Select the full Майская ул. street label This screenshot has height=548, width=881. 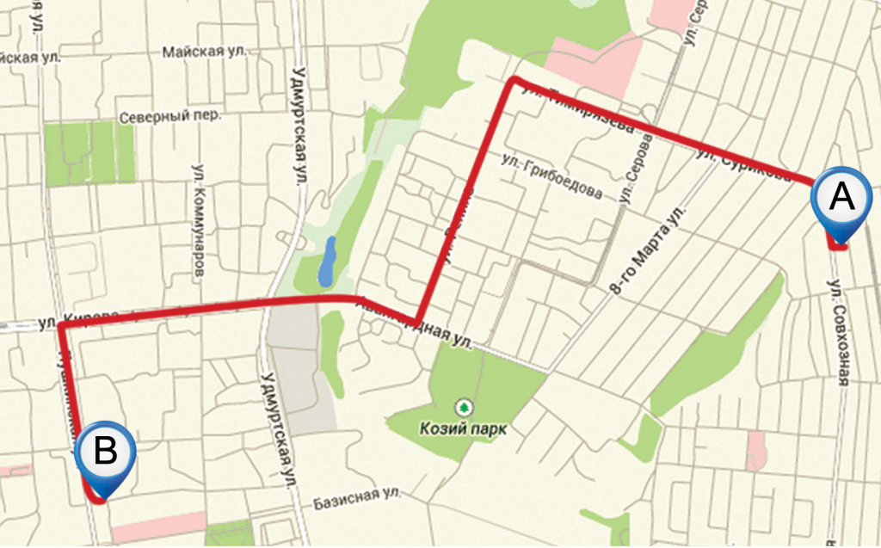tap(205, 52)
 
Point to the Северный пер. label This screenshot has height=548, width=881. tap(170, 115)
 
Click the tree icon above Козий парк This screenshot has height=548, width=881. tap(464, 404)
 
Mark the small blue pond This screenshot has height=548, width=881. tap(328, 263)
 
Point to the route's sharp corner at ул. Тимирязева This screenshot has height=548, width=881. tap(514, 80)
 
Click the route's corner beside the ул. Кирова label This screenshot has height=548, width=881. tap(60, 327)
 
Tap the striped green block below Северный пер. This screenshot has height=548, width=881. tap(89, 152)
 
